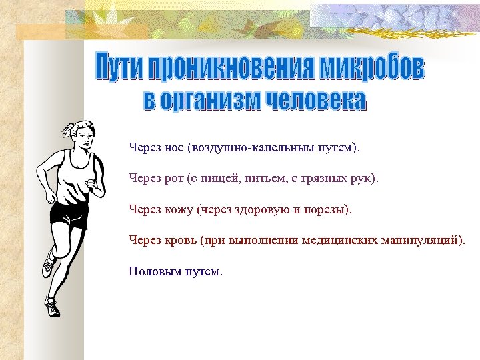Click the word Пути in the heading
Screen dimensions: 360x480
tap(119, 67)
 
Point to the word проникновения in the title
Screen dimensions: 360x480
tap(231, 67)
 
